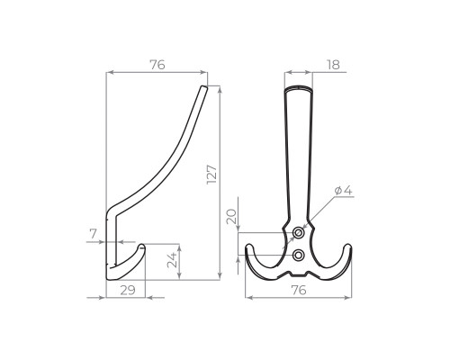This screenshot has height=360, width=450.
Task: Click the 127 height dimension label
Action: click(x=211, y=175)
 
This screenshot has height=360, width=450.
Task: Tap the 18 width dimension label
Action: click(x=333, y=65)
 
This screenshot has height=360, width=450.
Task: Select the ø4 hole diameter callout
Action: click(x=343, y=190)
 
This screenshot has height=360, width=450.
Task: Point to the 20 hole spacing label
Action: click(x=231, y=217)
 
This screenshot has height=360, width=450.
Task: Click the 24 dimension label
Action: click(x=172, y=260)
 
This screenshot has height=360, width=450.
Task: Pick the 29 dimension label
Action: click(x=128, y=290)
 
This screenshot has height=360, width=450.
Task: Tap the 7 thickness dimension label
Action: click(x=94, y=234)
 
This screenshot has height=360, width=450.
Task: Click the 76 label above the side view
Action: click(x=157, y=65)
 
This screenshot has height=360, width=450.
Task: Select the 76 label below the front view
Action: click(x=299, y=290)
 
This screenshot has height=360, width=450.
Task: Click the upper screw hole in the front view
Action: click(x=298, y=233)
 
